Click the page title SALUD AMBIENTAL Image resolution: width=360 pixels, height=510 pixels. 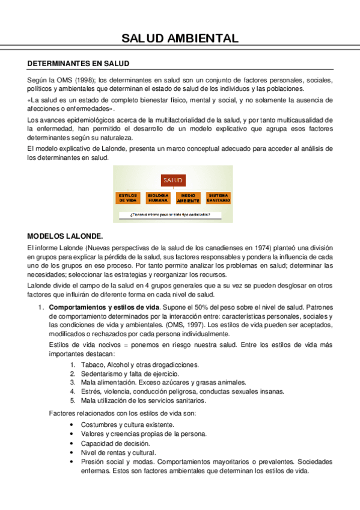[x=180, y=39]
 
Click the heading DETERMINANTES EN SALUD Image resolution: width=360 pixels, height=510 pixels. [x=79, y=64]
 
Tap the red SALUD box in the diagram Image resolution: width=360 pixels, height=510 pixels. [x=173, y=180]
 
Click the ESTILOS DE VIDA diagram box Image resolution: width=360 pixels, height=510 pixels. [x=129, y=198]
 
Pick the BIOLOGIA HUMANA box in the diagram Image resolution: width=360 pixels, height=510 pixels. [x=158, y=198]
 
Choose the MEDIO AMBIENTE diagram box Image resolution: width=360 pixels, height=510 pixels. [x=188, y=198]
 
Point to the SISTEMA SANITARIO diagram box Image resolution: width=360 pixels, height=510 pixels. [x=218, y=198]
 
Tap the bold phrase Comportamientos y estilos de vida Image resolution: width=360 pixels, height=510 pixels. [x=103, y=308]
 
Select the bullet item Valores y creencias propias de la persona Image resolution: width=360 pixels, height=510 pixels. [x=144, y=434]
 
